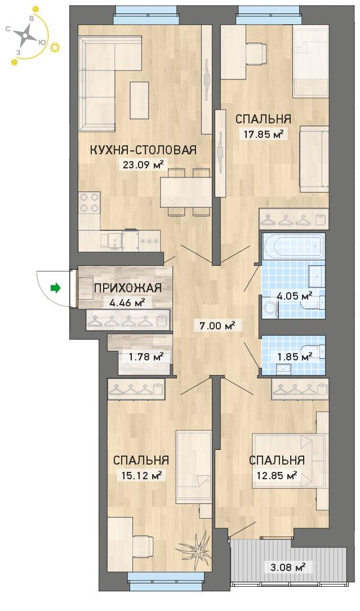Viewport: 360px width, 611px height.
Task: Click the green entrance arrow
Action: pyautogui.click(x=56, y=288)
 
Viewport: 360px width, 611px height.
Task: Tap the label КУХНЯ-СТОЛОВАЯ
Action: pyautogui.click(x=143, y=150)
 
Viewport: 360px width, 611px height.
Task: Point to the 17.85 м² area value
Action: pyautogui.click(x=263, y=135)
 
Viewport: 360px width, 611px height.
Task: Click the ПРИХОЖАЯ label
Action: pyautogui.click(x=127, y=288)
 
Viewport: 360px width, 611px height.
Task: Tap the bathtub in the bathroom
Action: pyautogui.click(x=294, y=245)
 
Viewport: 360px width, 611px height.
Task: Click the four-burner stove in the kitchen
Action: pyautogui.click(x=90, y=203)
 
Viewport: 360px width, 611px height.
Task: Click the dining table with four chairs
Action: pyautogui.click(x=186, y=191)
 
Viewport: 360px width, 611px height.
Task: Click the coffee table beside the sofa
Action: pyautogui.click(x=139, y=101)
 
